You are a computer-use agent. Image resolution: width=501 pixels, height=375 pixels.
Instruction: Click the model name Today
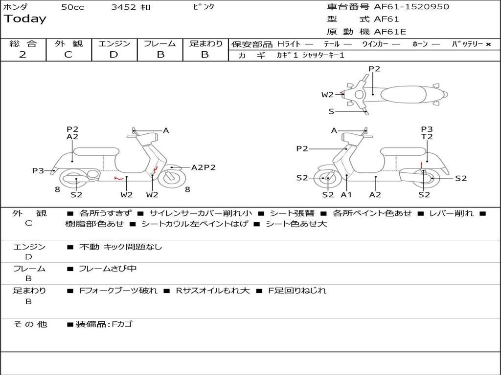point(25,19)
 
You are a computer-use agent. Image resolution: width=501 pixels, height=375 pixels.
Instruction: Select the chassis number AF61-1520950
point(411,7)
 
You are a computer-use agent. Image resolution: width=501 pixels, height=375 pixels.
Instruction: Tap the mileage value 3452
point(123,7)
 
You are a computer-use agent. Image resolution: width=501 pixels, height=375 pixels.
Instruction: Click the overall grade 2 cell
point(23,55)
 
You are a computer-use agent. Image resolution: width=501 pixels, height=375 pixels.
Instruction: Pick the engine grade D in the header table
point(114,55)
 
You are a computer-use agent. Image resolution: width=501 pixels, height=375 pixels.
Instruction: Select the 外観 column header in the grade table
point(68,44)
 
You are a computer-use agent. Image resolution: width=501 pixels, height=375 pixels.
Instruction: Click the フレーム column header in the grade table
point(160,44)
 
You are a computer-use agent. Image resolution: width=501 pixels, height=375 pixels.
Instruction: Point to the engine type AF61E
point(390,32)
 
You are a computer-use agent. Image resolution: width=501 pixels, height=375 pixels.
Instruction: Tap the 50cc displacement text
point(72,7)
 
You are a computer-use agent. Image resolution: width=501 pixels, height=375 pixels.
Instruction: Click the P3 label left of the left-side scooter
point(38,171)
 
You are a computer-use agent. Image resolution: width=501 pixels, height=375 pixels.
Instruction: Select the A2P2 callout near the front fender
point(204,167)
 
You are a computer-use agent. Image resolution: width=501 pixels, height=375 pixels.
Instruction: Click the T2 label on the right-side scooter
point(427,137)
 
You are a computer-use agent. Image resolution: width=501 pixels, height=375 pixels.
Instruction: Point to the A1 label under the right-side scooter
point(346,195)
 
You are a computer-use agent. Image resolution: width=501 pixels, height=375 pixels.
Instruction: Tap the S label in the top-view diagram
point(331,112)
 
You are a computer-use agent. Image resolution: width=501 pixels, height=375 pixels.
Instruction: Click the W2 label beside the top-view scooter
point(327,95)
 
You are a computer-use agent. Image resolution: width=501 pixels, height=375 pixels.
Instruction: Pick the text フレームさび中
point(108,269)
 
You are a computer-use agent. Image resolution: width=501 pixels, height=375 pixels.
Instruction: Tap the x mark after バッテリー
point(488,44)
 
